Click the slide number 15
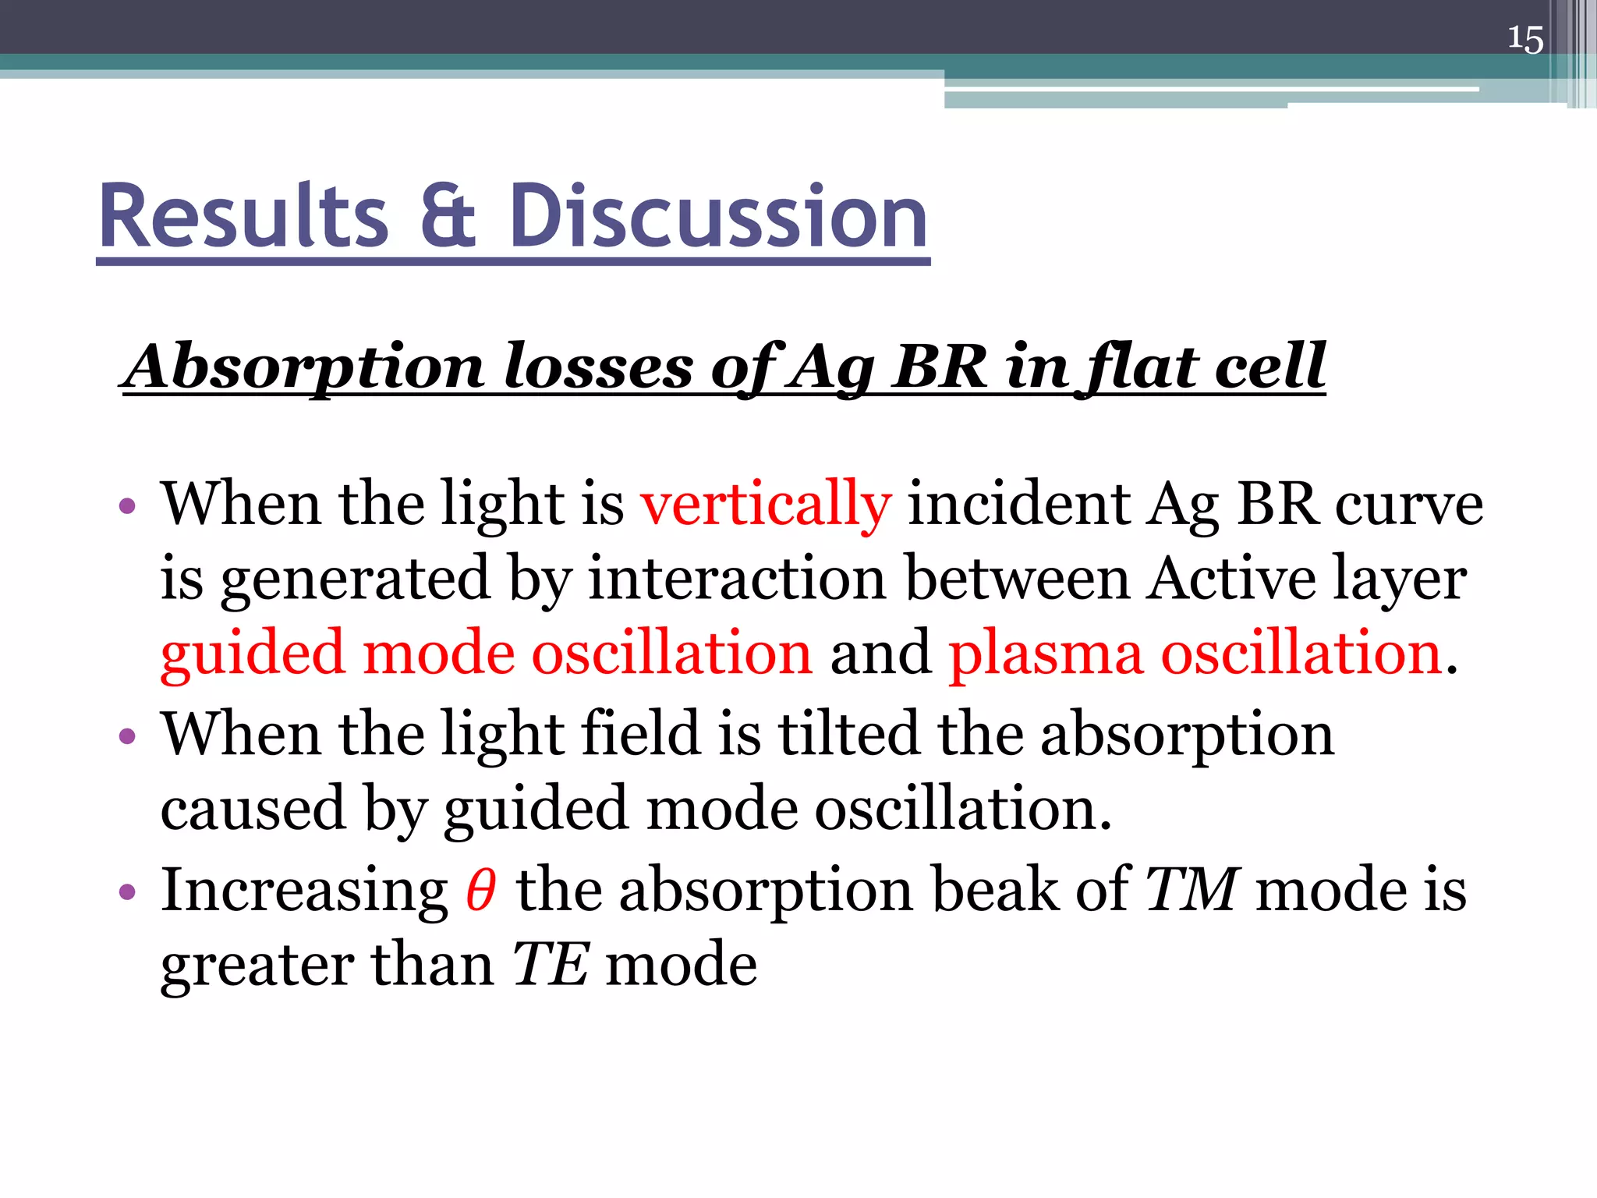[x=1524, y=39]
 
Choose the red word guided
[x=253, y=654]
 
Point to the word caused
[x=253, y=808]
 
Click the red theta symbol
[x=480, y=890]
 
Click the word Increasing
[x=304, y=890]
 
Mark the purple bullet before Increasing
[x=128, y=891]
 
